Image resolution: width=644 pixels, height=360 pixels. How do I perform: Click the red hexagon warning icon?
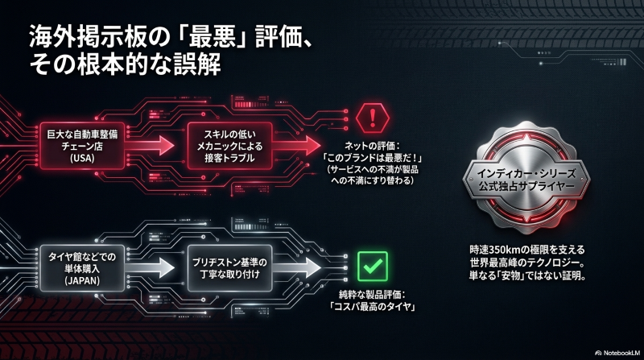click(373, 118)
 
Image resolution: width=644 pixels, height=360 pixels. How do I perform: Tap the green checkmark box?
click(373, 267)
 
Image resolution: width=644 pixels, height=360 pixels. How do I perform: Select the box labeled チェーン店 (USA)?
click(82, 146)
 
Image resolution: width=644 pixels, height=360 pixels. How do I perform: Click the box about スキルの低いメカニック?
click(230, 146)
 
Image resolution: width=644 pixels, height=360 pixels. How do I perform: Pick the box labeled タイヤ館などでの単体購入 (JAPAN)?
click(82, 268)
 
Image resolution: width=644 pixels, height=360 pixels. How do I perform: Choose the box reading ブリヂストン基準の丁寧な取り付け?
click(230, 268)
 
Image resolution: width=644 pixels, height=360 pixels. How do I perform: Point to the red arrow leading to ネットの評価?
click(296, 146)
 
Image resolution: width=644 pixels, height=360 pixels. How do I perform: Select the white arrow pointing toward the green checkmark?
click(296, 268)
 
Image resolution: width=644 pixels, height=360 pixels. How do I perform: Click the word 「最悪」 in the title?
click(212, 37)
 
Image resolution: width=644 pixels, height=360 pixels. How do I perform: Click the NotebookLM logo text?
click(618, 353)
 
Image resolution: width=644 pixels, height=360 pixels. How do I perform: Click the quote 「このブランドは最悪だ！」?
click(373, 158)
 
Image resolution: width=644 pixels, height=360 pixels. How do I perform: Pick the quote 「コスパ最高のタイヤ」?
click(373, 306)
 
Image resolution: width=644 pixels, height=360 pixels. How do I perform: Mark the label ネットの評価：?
click(373, 146)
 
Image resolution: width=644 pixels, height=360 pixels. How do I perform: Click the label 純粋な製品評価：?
click(373, 294)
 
